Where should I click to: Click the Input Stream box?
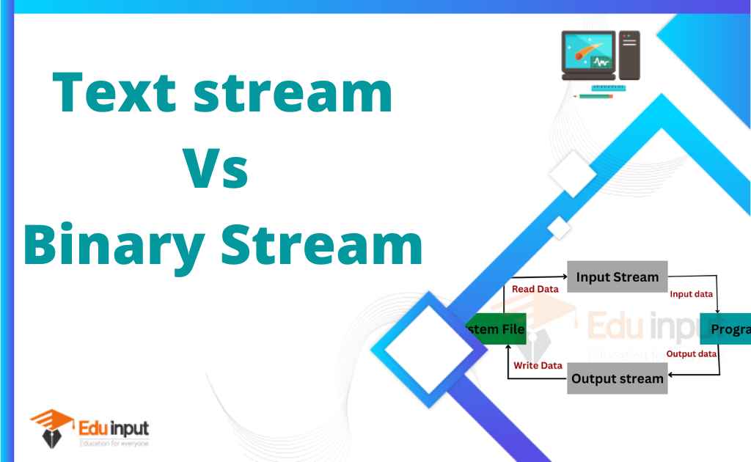click(617, 277)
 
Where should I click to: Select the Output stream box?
click(617, 378)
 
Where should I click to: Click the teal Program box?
click(726, 329)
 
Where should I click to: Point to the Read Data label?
click(535, 289)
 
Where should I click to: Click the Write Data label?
click(538, 365)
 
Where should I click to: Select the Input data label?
click(691, 294)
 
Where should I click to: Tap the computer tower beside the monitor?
click(629, 55)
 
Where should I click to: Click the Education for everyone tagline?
click(114, 443)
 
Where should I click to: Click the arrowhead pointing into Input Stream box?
click(565, 277)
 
